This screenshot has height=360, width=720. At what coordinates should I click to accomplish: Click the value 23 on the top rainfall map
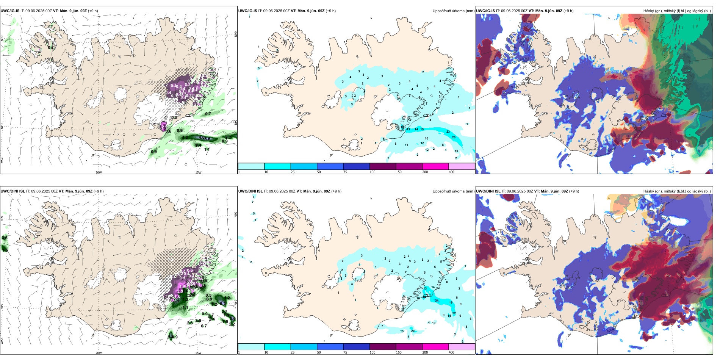point(448,131)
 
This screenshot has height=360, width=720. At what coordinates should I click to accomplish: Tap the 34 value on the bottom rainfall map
point(437,301)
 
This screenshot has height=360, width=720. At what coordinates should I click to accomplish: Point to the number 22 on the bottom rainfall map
point(454,313)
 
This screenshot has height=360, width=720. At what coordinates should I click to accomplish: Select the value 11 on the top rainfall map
point(406,145)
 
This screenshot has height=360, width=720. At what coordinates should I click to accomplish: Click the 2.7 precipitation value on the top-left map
point(228,137)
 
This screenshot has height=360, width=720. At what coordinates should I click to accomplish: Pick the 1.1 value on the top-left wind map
point(207,149)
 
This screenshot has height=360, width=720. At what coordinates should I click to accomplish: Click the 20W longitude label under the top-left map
point(99,172)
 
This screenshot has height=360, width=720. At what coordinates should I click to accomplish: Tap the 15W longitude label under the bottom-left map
point(198,353)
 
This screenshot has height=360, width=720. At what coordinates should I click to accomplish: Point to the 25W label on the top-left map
point(2,160)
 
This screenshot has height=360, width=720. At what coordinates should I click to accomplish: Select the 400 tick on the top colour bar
point(451,172)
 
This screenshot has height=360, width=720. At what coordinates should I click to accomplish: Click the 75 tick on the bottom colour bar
point(345,352)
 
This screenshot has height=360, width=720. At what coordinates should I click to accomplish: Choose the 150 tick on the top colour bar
point(399,172)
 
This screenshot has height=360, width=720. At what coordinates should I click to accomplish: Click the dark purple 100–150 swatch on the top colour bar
point(383,166)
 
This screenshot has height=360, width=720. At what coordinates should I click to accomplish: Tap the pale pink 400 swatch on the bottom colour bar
point(462,347)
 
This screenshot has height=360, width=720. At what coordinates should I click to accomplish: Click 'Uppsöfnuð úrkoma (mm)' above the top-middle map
point(453,11)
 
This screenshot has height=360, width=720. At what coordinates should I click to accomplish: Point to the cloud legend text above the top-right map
point(677,11)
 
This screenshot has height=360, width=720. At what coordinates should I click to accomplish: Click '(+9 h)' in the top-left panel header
point(93,11)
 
